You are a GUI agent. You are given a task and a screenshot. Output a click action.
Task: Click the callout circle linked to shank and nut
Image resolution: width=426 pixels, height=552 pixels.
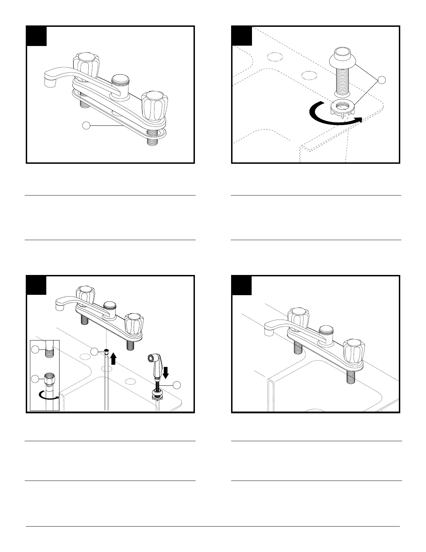coord(382,80)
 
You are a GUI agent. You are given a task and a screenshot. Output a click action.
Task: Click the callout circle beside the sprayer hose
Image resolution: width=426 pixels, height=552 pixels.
coord(177,385)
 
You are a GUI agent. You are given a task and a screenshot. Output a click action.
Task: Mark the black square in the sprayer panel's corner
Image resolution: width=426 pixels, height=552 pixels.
coord(37,285)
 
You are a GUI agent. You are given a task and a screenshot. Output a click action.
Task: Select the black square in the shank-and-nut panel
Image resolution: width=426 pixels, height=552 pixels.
coord(242,36)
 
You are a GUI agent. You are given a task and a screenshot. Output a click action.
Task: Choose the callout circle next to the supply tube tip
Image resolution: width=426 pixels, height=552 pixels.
coord(95,352)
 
